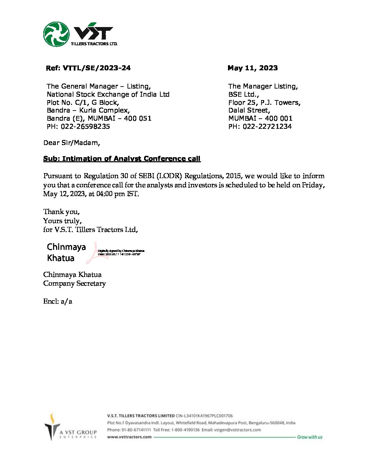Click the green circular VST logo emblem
[x=56, y=34]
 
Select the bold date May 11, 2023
[x=252, y=68]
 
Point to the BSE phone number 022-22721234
[x=267, y=126]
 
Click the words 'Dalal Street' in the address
[x=249, y=110]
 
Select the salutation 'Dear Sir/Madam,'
[x=72, y=143]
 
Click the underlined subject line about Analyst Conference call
[x=122, y=159]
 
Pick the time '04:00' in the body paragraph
[x=104, y=194]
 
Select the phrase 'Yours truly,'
[x=62, y=221]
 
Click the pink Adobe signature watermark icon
[x=96, y=253]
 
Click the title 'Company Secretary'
[x=74, y=283]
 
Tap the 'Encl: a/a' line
[x=57, y=301]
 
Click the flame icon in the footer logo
[x=52, y=419]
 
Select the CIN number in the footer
[x=204, y=416]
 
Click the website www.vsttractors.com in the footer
[x=129, y=437]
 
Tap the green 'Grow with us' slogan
[x=309, y=437]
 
